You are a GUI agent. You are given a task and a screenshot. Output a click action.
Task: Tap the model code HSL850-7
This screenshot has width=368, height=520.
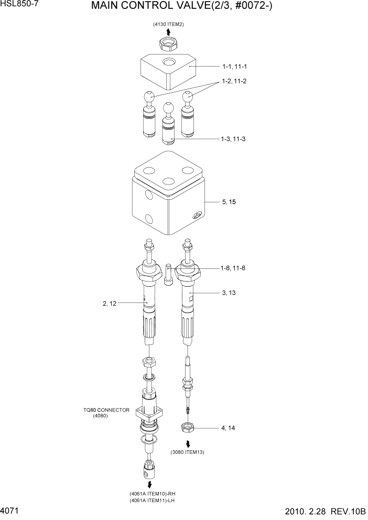click(x=19, y=4)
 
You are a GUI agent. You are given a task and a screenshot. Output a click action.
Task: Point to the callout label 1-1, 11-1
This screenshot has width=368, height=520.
click(x=234, y=67)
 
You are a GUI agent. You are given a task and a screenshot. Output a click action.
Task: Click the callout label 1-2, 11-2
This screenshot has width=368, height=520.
click(x=234, y=81)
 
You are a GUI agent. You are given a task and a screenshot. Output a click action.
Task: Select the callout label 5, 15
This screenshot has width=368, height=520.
click(x=229, y=202)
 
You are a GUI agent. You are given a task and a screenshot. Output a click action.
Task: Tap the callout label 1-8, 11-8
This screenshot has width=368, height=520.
click(x=232, y=268)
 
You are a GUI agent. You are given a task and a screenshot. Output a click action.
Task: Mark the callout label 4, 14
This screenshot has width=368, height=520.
click(x=228, y=428)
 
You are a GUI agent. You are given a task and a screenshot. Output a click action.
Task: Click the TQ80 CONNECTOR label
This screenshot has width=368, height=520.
click(x=106, y=410)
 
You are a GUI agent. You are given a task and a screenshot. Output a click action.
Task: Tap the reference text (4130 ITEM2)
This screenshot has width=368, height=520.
click(x=168, y=25)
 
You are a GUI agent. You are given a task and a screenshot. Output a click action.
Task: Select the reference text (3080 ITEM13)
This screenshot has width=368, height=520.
click(x=187, y=452)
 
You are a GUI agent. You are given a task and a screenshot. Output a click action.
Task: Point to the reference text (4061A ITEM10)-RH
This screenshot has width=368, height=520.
click(x=151, y=494)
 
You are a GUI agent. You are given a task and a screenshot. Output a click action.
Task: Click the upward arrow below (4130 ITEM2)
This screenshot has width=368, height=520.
click(x=168, y=32)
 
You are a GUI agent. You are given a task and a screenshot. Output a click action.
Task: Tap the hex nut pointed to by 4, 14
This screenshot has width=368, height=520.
click(x=188, y=428)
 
